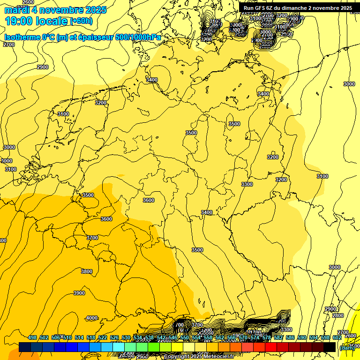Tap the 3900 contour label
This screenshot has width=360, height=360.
coord(79,293)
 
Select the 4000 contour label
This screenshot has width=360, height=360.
coord(92,318)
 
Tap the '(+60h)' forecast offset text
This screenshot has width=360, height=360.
coord(81,21)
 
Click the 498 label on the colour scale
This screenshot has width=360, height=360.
coord(32,337)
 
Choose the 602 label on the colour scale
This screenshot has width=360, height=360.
coord(337,337)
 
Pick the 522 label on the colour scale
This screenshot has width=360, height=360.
coord(104,337)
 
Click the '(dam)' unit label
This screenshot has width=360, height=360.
coord(346,347)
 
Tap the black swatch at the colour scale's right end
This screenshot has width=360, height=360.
coord(330,347)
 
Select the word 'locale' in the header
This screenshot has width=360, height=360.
coord(53,21)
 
